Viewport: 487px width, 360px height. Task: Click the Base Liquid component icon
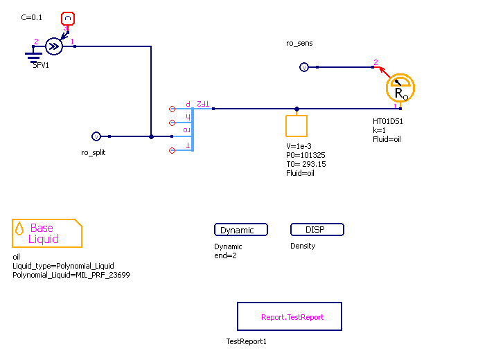(x=47, y=233)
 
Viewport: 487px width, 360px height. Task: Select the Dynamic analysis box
(x=241, y=230)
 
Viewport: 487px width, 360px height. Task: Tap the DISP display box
(x=317, y=229)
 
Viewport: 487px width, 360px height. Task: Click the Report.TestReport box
(x=289, y=316)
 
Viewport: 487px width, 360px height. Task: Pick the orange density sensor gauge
(x=400, y=88)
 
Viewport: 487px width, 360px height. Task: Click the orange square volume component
(x=296, y=126)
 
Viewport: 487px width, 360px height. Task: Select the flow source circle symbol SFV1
(x=53, y=46)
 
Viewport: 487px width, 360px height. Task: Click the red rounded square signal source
(x=68, y=18)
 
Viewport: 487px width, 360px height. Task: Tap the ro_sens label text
(x=299, y=43)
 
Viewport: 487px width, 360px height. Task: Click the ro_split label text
(x=94, y=152)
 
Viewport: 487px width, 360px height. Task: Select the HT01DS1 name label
(x=388, y=121)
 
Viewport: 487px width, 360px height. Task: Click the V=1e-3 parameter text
(x=300, y=146)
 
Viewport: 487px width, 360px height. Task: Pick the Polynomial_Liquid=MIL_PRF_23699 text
(x=71, y=275)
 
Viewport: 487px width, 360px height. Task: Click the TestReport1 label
(x=246, y=341)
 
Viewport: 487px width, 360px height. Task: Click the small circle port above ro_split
(x=96, y=136)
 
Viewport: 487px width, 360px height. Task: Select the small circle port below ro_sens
(x=303, y=67)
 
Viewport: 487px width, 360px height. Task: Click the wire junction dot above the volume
(x=296, y=109)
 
